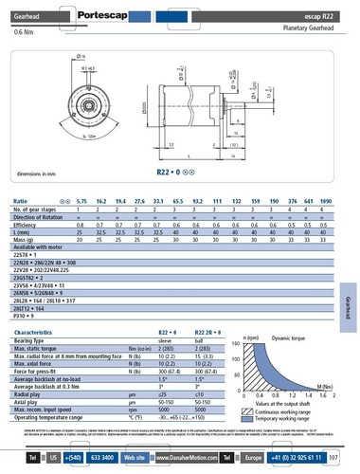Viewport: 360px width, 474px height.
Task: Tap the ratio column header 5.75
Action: click(81, 202)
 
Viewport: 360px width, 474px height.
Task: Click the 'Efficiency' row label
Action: click(28, 223)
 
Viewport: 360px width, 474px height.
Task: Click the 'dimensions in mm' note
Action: click(39, 173)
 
